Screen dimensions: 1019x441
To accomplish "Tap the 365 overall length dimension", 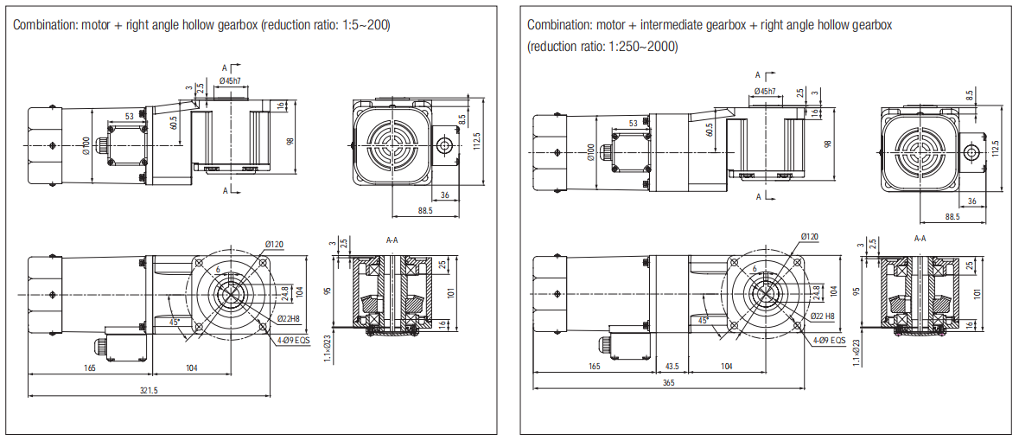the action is [668, 383].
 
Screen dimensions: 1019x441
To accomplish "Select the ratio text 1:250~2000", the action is [643, 47].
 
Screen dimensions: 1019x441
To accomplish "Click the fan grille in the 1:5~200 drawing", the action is [391, 143].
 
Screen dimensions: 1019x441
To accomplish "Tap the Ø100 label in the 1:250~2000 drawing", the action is [591, 154].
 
